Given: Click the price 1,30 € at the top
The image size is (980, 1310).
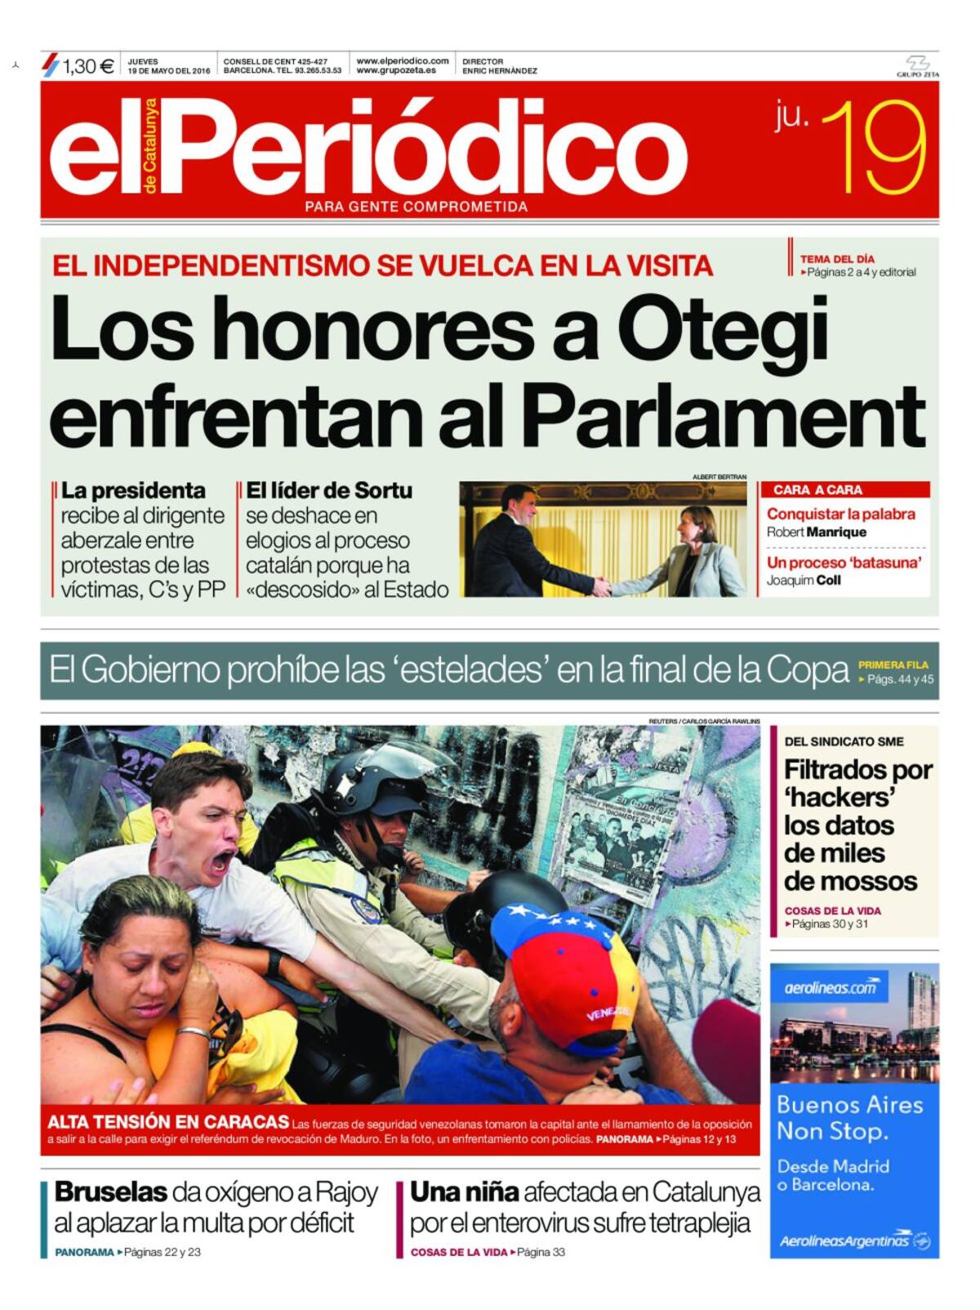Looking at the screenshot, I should pyautogui.click(x=87, y=66).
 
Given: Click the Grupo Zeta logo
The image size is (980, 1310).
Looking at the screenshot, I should pyautogui.click(x=918, y=66).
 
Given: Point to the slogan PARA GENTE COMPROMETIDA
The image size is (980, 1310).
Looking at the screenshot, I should pyautogui.click(x=416, y=207).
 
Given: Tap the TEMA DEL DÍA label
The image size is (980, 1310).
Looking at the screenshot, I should pyautogui.click(x=837, y=259).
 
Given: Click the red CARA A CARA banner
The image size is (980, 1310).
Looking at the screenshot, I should pyautogui.click(x=844, y=490).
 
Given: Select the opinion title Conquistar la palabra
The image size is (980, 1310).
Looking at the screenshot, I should pyautogui.click(x=840, y=514).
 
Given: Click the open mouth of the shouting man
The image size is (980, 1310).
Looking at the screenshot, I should pyautogui.click(x=221, y=861).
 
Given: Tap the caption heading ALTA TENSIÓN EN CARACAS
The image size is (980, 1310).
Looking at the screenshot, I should pyautogui.click(x=168, y=1122).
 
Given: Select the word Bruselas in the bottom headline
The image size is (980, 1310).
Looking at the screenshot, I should pyautogui.click(x=111, y=1192).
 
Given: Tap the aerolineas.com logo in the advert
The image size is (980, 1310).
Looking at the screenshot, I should pyautogui.click(x=828, y=988).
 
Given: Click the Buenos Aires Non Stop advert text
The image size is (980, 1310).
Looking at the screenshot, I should pyautogui.click(x=849, y=1117).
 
